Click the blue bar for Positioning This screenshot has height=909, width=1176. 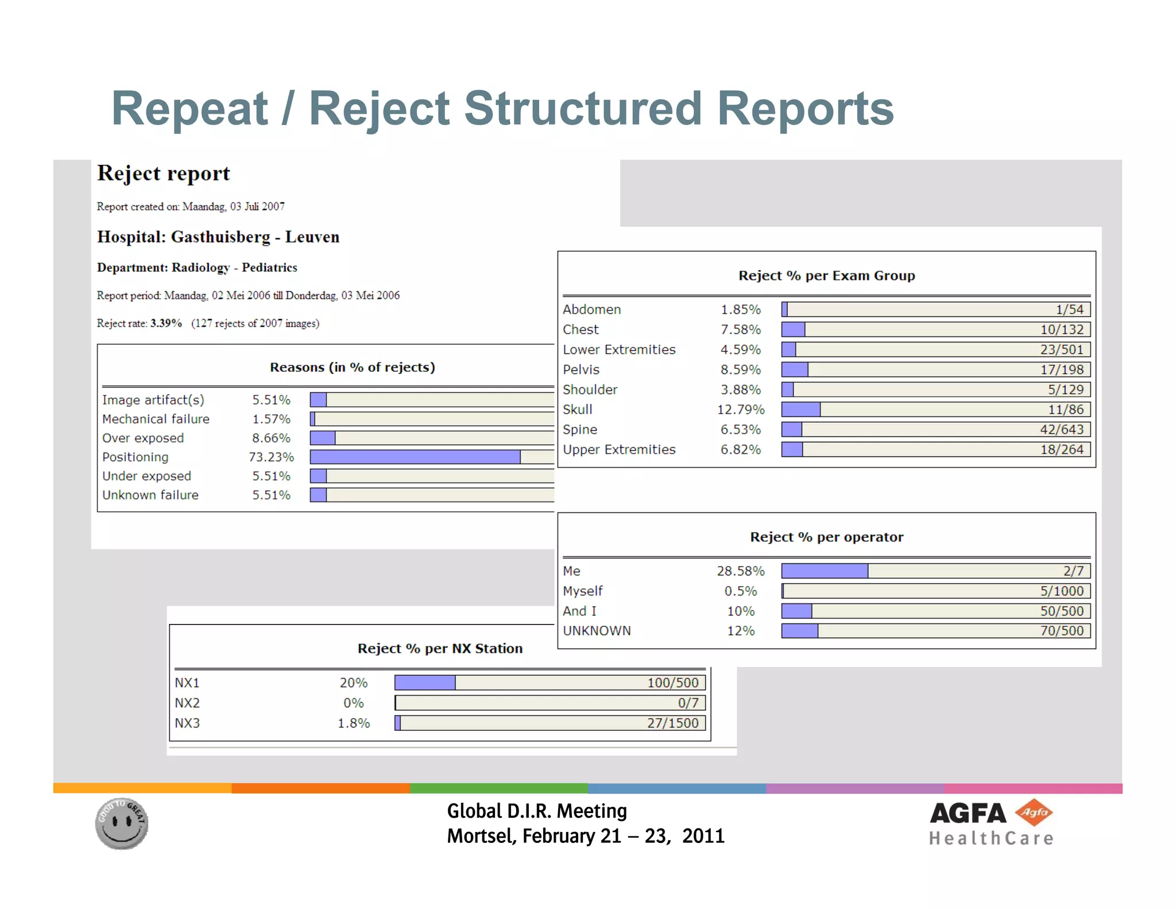point(415,457)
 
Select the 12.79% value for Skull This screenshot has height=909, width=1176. point(740,410)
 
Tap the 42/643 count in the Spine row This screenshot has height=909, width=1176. point(1061,430)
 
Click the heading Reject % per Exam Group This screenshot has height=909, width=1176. point(826,276)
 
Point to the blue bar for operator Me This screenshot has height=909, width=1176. point(824,571)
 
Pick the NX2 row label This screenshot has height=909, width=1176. point(187,703)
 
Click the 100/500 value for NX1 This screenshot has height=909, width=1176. point(672,683)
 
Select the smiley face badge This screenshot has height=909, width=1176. point(122,823)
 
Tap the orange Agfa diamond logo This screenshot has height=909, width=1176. point(1034,812)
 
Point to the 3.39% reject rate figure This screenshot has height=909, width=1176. point(166,323)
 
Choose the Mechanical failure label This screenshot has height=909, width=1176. point(156,419)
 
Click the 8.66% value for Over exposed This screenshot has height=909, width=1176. point(271,438)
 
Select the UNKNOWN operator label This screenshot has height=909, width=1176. point(597,631)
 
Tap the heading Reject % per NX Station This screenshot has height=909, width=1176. point(440,649)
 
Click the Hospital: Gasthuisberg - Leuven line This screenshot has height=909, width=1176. point(218,237)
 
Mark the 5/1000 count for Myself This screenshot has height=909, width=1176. point(1061,591)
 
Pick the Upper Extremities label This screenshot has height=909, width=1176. point(619,450)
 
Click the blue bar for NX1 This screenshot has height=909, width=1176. point(425,683)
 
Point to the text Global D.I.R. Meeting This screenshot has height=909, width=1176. point(537,811)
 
